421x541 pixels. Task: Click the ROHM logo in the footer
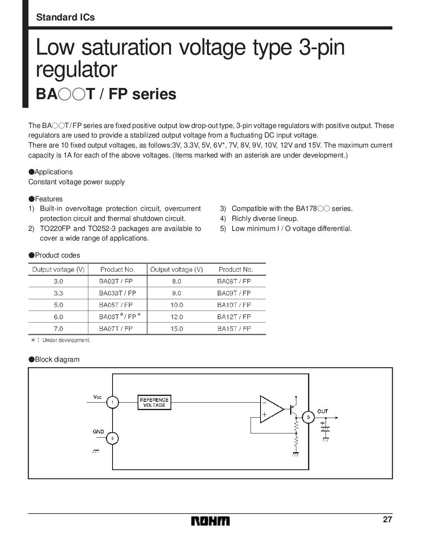point(210,521)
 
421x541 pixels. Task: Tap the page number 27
point(387,520)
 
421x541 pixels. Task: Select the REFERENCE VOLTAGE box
point(154,402)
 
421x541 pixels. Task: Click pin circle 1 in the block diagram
point(112,402)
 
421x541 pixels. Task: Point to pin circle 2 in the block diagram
point(112,438)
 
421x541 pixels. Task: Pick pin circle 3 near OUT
point(308,417)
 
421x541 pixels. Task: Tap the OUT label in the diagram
point(323,411)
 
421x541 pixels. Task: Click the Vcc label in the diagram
point(97,397)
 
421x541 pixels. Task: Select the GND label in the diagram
point(98,432)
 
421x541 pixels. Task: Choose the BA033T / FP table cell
point(118,293)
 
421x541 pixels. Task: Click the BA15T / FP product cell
point(234,328)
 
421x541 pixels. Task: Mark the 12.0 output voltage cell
point(177,317)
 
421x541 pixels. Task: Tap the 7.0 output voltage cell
point(58,328)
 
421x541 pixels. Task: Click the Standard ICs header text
point(65,18)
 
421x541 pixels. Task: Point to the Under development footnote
point(61,340)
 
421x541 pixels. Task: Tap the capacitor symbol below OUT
point(323,427)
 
